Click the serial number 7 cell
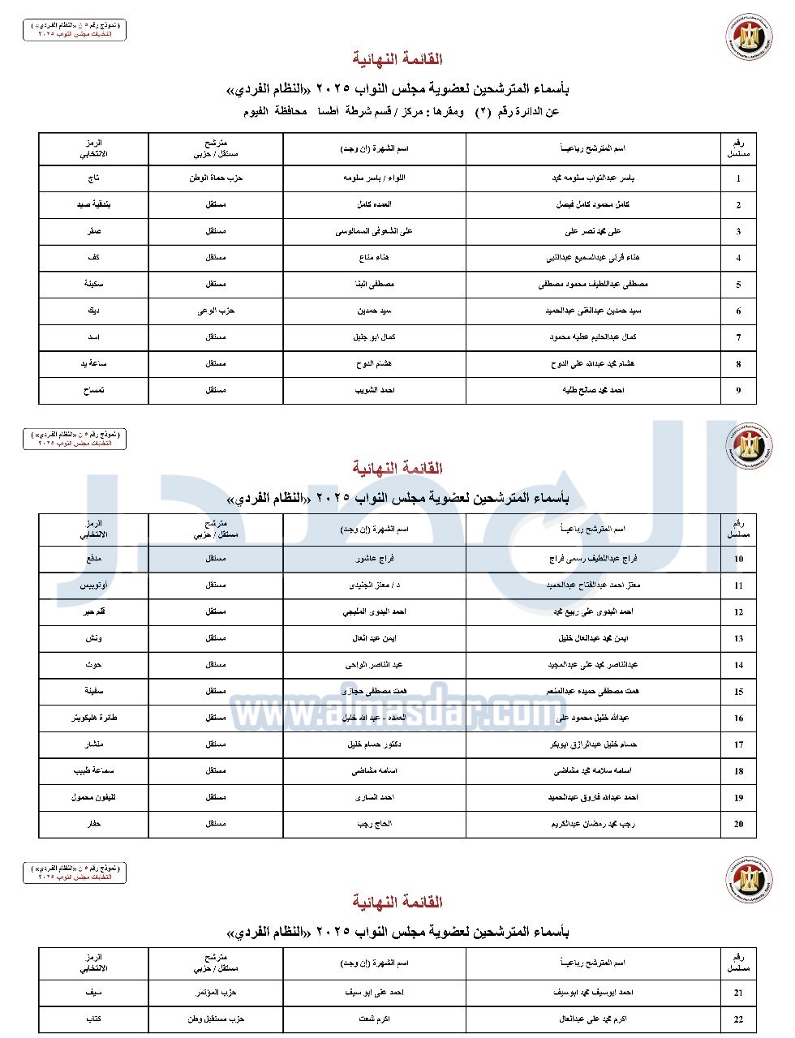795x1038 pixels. coord(738,337)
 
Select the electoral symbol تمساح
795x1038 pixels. coord(93,390)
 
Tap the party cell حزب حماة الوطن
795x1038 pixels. coord(216,178)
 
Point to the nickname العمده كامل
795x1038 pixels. coord(374,204)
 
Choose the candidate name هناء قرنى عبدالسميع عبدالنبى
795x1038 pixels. coord(593,258)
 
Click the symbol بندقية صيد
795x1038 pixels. coord(93,204)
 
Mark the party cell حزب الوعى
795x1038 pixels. coord(216,311)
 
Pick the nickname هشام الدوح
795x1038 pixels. coord(374,364)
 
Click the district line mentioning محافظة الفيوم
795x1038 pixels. coord(397,111)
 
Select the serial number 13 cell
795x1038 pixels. coord(738,638)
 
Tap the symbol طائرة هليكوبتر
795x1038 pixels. coord(93,718)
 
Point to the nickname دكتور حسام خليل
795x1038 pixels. coord(374,744)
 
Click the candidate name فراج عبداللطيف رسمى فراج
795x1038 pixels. coord(593,559)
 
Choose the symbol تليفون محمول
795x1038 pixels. coord(93,797)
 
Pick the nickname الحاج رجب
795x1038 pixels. coord(374,823)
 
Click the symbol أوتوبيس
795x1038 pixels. coord(93,585)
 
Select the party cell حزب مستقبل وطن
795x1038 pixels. coord(216,1019)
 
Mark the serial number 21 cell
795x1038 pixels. coord(738,993)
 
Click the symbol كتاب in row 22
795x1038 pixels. coord(93,1019)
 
